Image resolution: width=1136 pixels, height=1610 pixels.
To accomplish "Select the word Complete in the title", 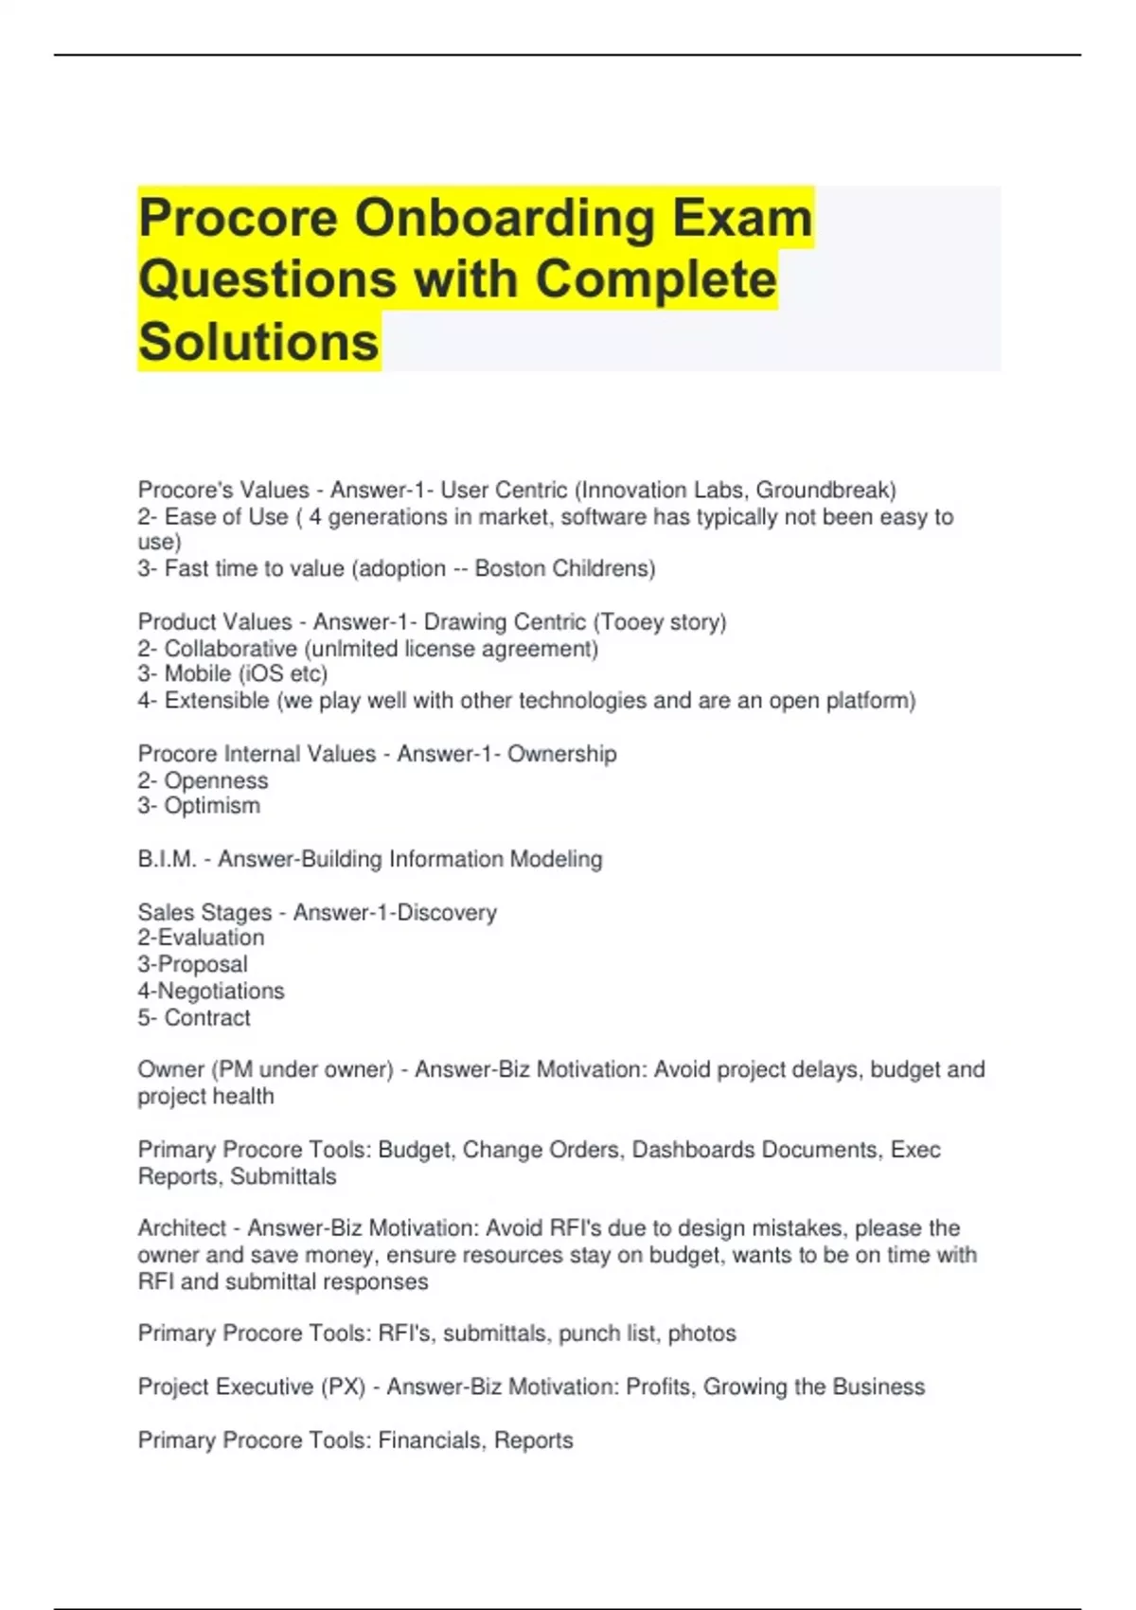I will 656,279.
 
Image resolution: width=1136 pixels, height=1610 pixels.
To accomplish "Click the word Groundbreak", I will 825,490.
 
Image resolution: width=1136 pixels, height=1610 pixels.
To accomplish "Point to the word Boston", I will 509,568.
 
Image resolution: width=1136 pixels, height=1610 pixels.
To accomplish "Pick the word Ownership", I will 561,754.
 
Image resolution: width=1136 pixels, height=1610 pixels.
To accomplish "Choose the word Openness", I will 216,780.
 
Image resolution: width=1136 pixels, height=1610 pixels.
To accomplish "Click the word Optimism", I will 212,806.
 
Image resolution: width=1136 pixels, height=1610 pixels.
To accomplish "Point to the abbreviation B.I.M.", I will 167,859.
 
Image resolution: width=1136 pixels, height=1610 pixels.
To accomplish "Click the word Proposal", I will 202,964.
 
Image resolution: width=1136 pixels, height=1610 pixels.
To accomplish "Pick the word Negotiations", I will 220,991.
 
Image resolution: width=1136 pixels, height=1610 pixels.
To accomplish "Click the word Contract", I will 207,1018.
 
